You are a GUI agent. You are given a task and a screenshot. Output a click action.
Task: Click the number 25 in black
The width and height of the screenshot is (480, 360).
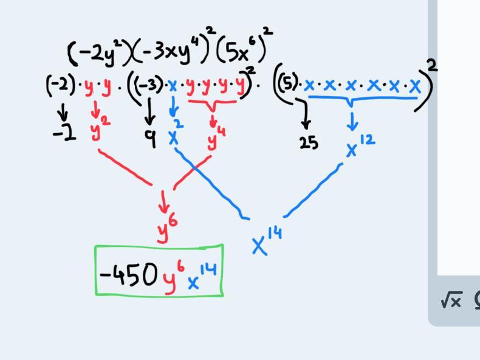click(x=309, y=143)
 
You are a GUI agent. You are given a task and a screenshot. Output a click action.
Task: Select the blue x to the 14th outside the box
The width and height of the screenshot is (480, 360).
click(x=266, y=241)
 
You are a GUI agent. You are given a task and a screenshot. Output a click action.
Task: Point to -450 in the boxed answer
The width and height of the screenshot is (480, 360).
click(x=128, y=275)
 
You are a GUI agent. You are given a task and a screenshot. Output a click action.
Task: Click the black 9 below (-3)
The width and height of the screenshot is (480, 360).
click(x=150, y=139)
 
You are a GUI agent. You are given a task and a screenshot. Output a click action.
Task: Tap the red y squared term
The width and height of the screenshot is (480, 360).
click(x=100, y=129)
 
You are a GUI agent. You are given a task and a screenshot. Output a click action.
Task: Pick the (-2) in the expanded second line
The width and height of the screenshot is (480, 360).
click(x=60, y=85)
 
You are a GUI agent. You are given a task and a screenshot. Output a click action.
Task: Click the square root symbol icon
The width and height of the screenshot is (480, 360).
click(x=451, y=300)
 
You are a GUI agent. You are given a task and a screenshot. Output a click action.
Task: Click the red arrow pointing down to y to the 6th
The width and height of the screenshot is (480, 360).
click(x=163, y=201)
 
